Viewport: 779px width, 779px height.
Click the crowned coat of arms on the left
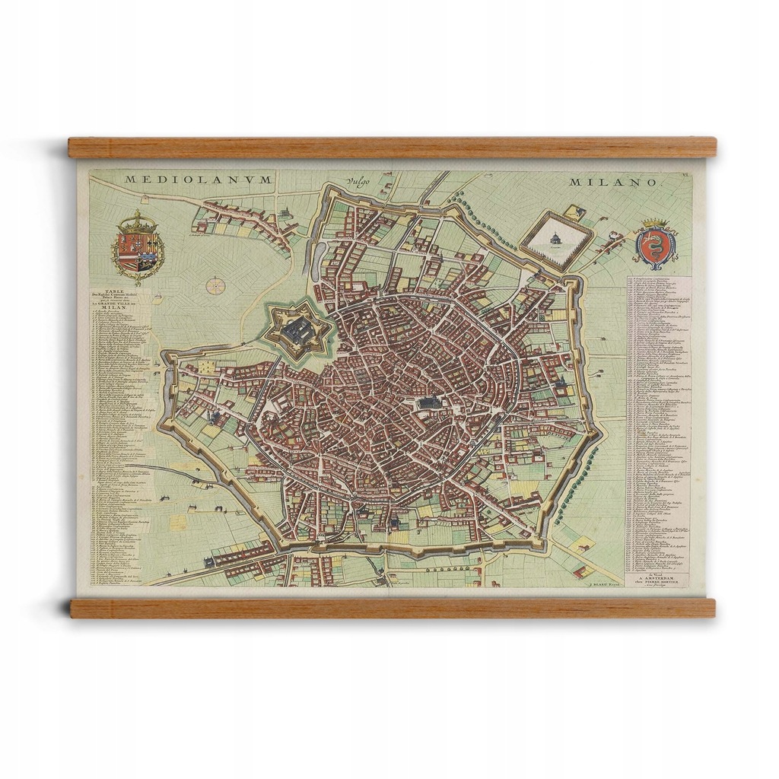pos(138,249)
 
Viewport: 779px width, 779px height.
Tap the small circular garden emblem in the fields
pos(215,285)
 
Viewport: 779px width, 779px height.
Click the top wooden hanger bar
pos(392,147)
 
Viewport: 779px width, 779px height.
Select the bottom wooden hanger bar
pos(392,607)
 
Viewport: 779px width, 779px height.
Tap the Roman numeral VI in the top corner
pos(685,176)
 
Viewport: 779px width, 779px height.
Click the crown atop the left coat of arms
pos(138,223)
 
